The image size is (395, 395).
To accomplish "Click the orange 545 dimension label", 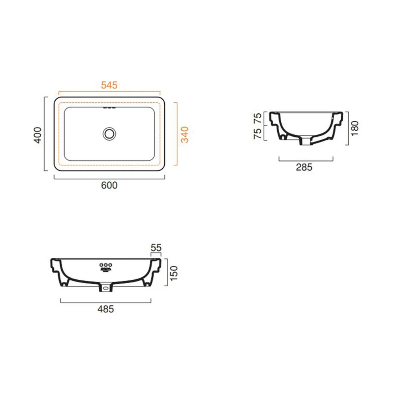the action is (109, 85).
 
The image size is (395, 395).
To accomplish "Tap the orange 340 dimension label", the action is (184, 135).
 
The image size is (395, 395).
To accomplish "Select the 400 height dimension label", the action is (38, 135).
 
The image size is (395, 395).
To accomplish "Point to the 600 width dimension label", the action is (109, 185).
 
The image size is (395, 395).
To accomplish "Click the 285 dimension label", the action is (304, 167).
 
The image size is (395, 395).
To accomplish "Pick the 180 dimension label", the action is (354, 128).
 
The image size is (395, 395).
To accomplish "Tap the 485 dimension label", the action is (106, 309).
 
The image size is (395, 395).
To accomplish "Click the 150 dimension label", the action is (174, 273).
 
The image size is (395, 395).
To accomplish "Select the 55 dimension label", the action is (156, 248).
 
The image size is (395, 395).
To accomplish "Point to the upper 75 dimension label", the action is (258, 118).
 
